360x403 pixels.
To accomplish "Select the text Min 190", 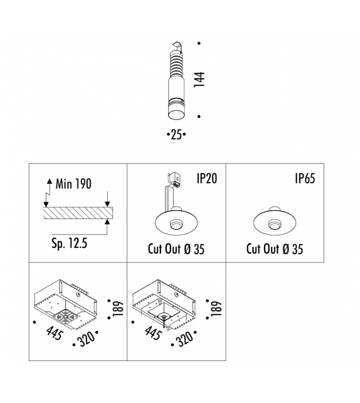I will (73, 184).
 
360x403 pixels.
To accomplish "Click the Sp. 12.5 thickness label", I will (69, 242).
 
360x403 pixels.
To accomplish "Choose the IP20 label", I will (206, 179).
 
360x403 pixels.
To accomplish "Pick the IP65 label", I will (305, 179).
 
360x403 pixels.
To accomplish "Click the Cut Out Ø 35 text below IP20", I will (176, 249).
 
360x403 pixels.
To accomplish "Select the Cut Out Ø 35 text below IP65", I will (275, 249).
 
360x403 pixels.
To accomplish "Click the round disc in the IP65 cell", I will (275, 222).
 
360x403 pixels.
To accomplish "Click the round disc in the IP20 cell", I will (176, 222).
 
